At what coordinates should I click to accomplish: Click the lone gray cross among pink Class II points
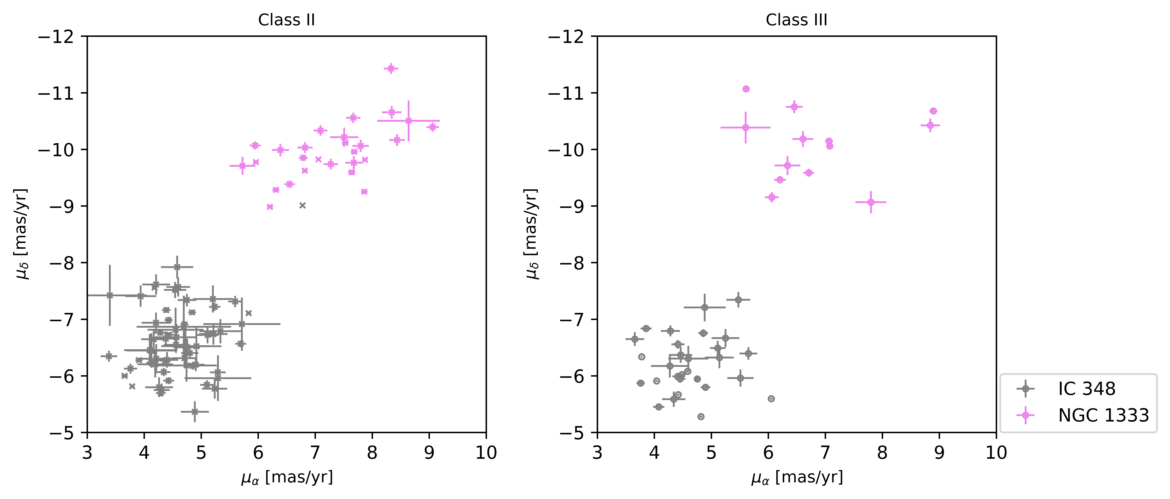click(x=302, y=205)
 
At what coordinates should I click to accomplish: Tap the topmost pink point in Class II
click(x=391, y=69)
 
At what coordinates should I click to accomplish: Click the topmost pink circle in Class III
click(x=746, y=89)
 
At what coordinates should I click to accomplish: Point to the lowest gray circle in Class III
click(x=701, y=416)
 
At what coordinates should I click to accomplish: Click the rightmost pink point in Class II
click(x=432, y=127)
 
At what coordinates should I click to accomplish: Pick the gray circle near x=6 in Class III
click(x=771, y=399)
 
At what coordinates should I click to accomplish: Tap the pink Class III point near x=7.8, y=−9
click(x=871, y=202)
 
